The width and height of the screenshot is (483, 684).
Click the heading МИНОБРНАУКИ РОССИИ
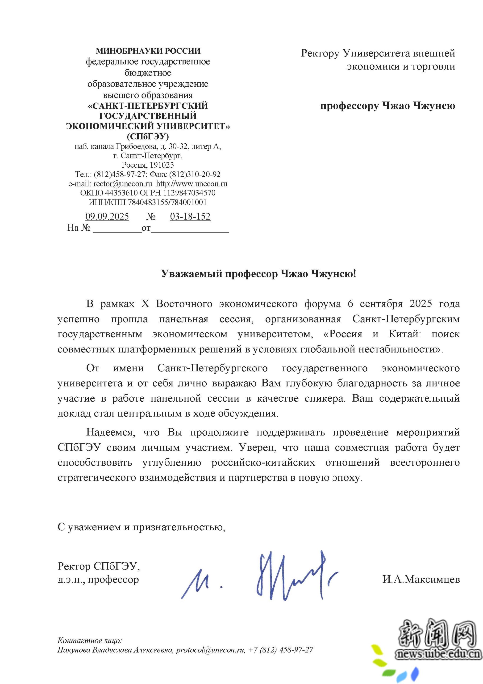click(148, 51)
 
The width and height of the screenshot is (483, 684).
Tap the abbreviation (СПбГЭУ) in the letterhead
click(148, 137)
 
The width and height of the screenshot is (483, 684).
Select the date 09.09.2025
click(107, 216)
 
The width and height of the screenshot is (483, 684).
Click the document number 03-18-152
click(190, 216)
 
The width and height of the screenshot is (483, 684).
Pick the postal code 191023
click(162, 165)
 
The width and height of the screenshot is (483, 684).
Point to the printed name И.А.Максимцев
click(421, 579)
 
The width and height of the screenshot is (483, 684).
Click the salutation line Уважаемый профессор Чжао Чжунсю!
click(258, 273)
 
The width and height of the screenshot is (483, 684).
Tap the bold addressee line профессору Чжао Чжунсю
click(387, 106)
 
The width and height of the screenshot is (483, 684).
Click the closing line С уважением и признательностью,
click(141, 527)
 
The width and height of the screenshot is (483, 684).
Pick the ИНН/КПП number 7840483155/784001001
click(167, 202)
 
